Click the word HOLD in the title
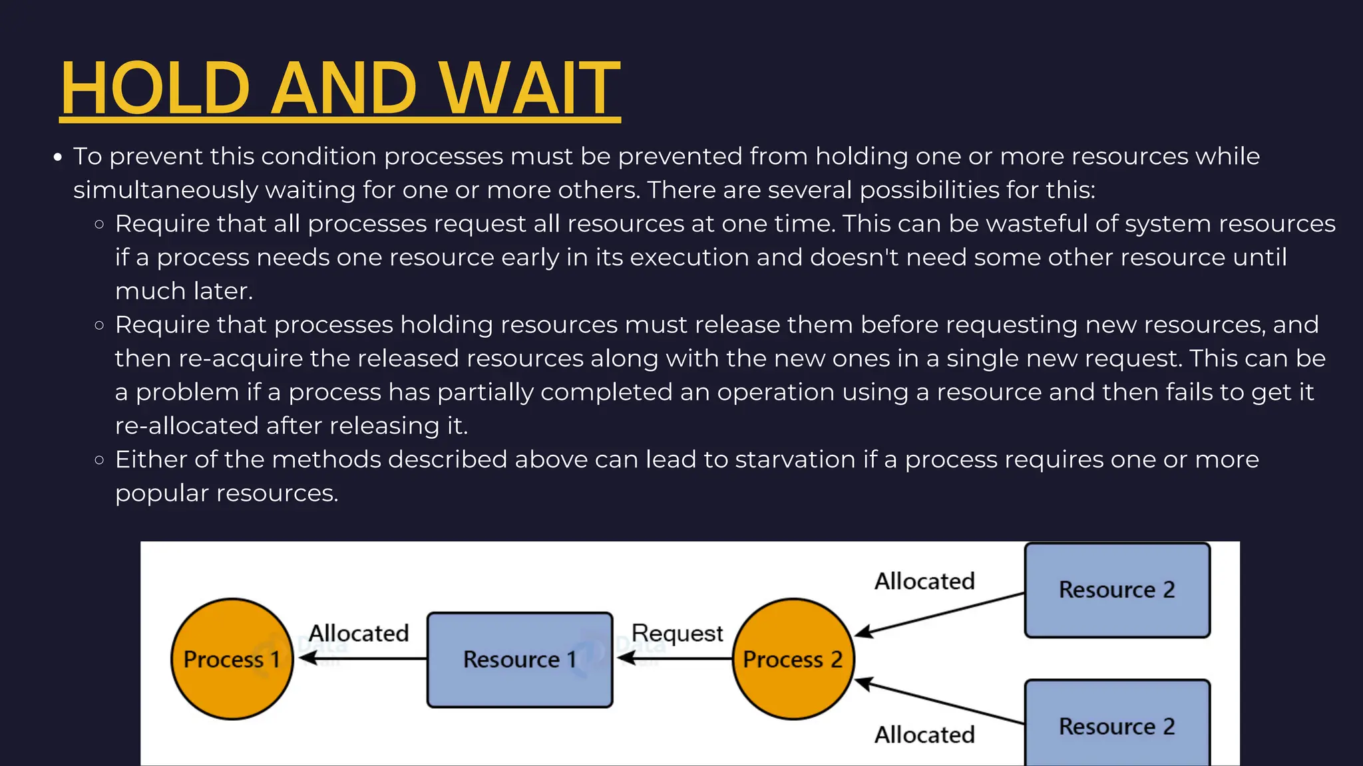(155, 88)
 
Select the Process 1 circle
(232, 659)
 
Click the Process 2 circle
(793, 659)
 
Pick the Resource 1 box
(519, 659)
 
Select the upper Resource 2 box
(1117, 590)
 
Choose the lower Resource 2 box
(1117, 725)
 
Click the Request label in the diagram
(677, 633)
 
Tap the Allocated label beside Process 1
(359, 633)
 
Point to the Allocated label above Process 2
(924, 581)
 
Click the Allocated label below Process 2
(924, 735)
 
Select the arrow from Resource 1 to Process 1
(363, 658)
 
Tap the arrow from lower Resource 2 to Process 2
(938, 702)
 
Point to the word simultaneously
(165, 190)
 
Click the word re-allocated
(186, 426)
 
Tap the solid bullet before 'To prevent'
(58, 158)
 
